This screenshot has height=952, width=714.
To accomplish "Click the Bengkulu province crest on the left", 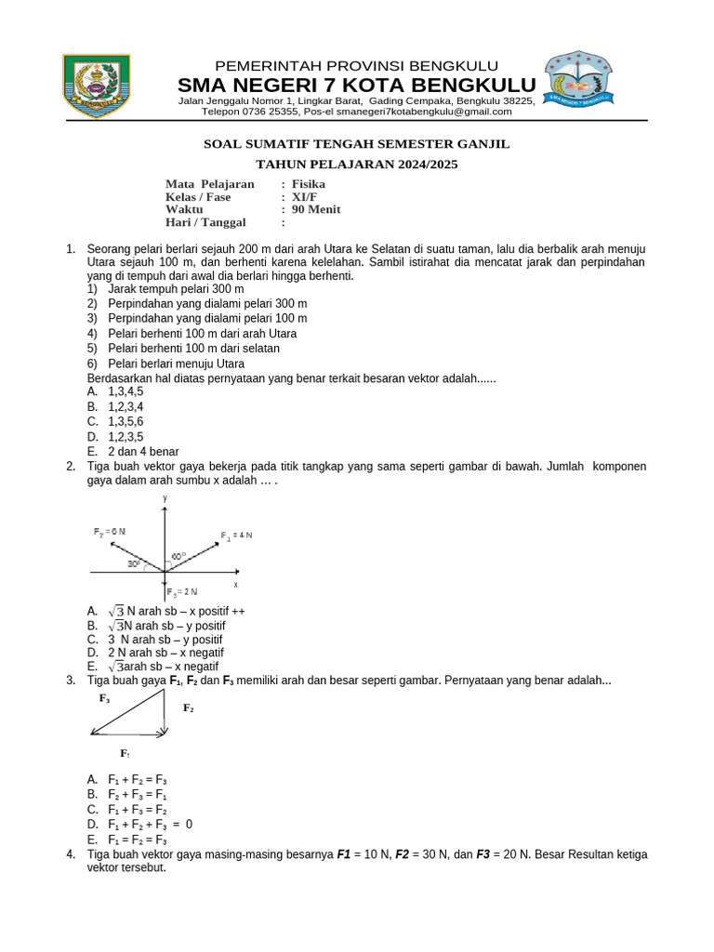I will click(98, 86).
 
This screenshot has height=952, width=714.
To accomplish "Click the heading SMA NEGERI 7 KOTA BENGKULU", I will click(357, 86).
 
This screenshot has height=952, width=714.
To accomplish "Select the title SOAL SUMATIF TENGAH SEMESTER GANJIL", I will click(357, 144).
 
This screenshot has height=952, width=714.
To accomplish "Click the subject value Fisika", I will click(309, 184).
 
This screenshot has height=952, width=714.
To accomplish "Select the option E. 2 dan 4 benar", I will click(132, 452).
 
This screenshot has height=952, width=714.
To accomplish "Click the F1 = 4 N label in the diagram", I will click(236, 535).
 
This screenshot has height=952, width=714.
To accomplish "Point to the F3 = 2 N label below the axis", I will click(182, 592).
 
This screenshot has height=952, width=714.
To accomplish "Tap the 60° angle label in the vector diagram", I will click(178, 556).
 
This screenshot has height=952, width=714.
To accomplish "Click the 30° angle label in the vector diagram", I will click(135, 563).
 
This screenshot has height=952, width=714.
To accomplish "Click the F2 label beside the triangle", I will click(189, 708).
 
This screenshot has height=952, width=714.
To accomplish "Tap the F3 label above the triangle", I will click(105, 697).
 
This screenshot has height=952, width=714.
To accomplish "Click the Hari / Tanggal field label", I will click(205, 223).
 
